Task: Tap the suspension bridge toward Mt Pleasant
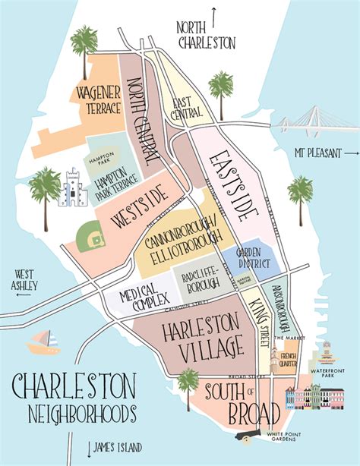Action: pos(315,122)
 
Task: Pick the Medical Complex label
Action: pos(139,293)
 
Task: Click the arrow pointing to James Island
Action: pos(90,447)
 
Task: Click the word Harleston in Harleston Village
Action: pos(191,326)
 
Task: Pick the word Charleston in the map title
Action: pos(73,387)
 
